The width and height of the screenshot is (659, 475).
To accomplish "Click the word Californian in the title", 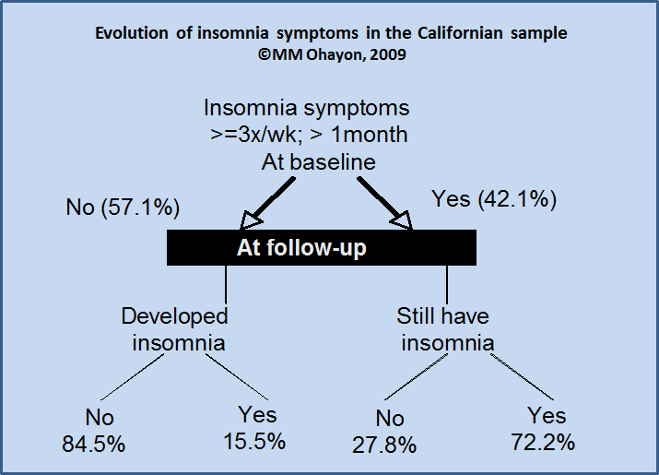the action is click(460, 33).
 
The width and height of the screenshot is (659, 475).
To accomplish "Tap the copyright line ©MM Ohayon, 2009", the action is click(332, 54).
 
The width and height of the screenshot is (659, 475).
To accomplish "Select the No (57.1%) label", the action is click(123, 208).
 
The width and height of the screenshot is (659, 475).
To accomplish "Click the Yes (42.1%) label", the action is click(494, 199).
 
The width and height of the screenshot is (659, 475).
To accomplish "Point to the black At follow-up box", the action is click(322, 247).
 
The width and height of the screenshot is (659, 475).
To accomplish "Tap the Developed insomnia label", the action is click(175, 329).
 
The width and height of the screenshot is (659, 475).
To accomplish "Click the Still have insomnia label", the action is click(444, 329).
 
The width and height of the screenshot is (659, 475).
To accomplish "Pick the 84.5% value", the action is click(94, 444).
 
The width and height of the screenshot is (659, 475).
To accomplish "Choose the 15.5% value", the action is click(254, 442).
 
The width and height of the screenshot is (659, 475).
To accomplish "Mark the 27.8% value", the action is click(384, 445).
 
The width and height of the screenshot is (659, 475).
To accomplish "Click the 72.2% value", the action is click(543, 442).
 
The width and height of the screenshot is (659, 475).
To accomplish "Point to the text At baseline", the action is click(319, 162).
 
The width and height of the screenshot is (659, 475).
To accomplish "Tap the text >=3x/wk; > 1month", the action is click(309, 135).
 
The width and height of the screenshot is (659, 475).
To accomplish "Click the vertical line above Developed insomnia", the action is click(226, 284).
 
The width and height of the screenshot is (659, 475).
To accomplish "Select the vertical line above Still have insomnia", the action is click(447, 284).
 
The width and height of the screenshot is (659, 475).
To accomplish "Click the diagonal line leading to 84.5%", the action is click(133, 377).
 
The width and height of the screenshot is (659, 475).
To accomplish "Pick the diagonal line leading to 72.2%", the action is click(523, 377).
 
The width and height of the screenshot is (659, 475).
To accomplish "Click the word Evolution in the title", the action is click(132, 33).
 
